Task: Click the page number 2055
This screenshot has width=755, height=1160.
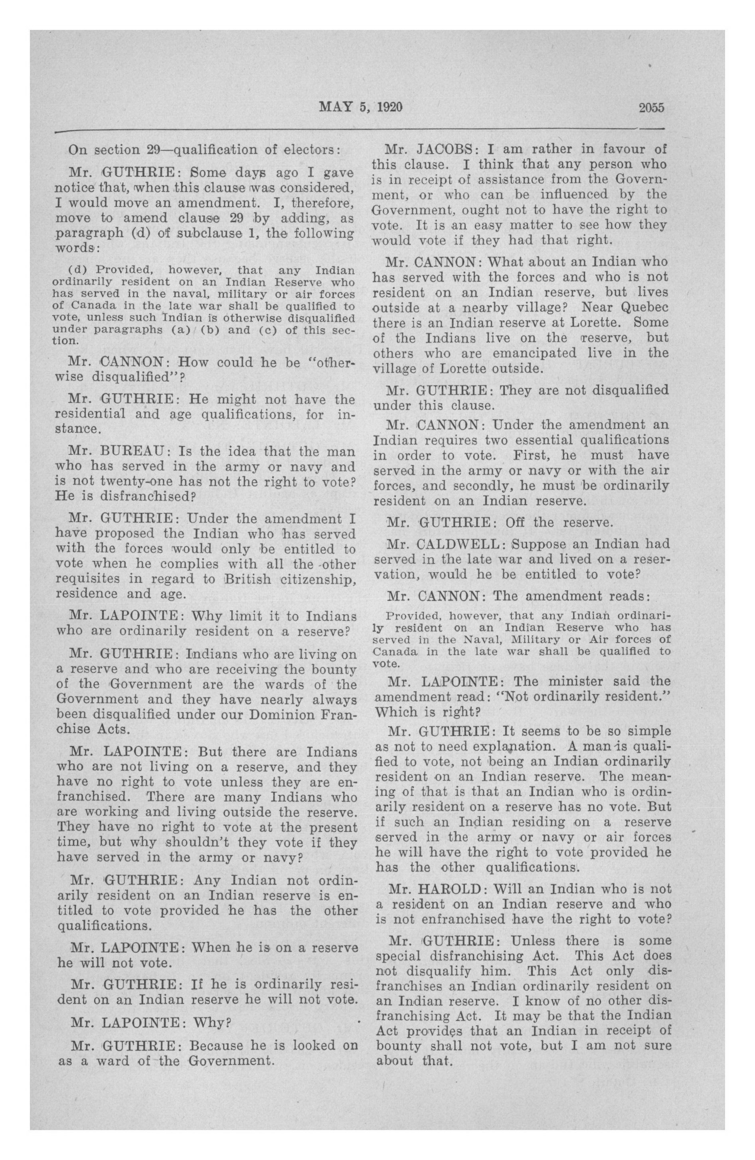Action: tap(652, 108)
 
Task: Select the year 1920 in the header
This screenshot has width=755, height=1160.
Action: tap(389, 107)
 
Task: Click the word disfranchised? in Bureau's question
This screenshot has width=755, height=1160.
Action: tap(140, 497)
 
